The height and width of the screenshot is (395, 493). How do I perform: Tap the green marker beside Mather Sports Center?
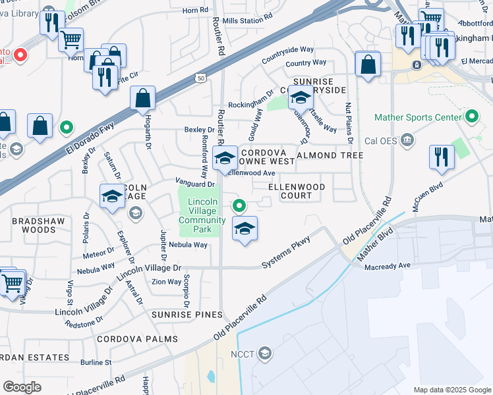(x=471, y=118)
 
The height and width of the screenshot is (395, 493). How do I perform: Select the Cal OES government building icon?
(x=407, y=139)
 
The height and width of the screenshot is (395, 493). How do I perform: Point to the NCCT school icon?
(x=265, y=354)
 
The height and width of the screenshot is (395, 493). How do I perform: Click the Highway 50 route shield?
(x=199, y=78)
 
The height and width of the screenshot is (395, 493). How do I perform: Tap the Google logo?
(x=22, y=386)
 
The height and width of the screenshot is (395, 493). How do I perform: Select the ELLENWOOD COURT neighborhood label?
(x=297, y=191)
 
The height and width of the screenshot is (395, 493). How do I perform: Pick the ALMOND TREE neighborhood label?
(x=330, y=155)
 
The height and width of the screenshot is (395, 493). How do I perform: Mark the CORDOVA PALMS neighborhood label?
(x=137, y=339)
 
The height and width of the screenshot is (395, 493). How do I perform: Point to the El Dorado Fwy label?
(x=90, y=138)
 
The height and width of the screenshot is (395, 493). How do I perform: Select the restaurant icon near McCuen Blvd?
(x=440, y=157)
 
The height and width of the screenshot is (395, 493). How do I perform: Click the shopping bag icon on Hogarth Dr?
(x=142, y=99)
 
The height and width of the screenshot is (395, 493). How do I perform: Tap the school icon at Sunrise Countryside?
(x=301, y=98)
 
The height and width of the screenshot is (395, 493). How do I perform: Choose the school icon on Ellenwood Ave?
(x=225, y=159)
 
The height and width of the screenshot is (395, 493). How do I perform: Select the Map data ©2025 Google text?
(x=452, y=389)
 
